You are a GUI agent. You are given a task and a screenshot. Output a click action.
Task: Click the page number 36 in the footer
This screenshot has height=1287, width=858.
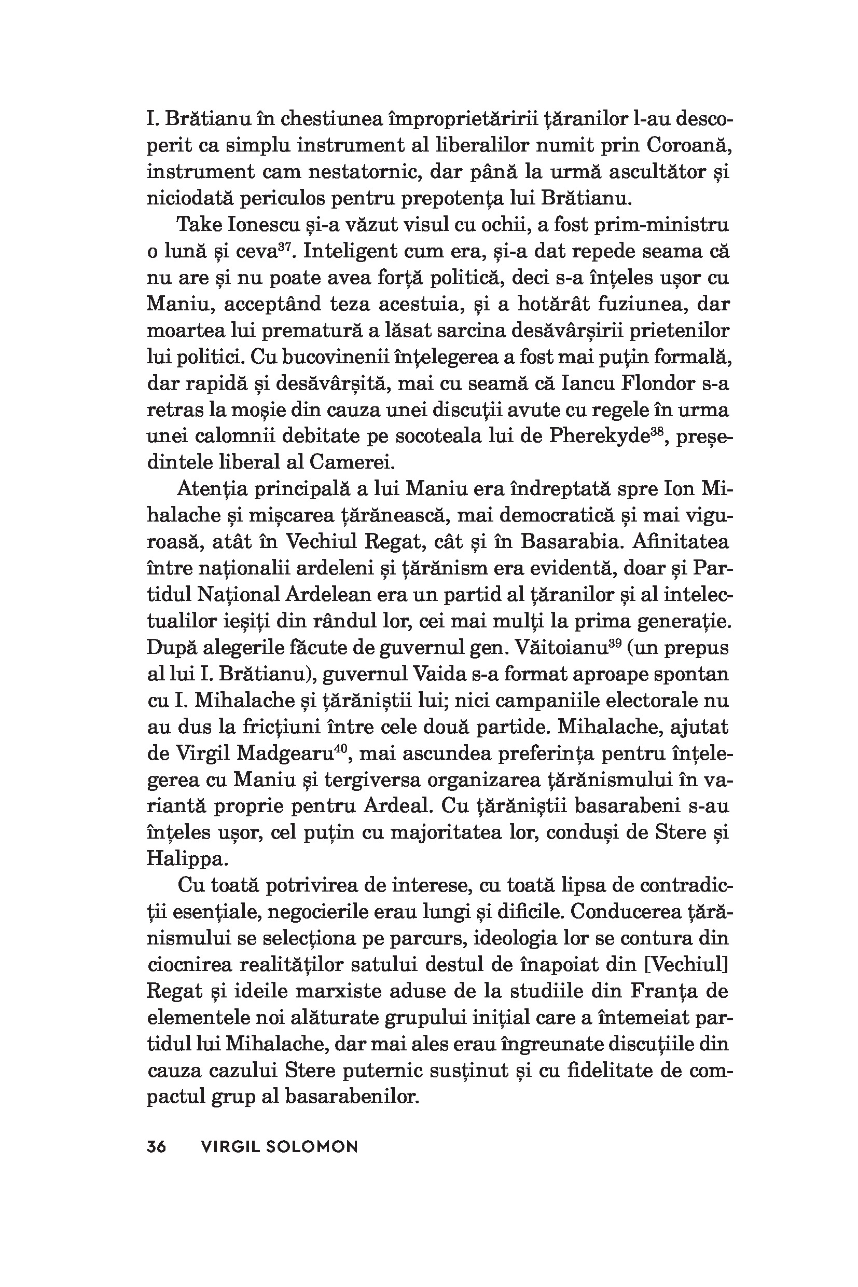[157, 1146]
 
